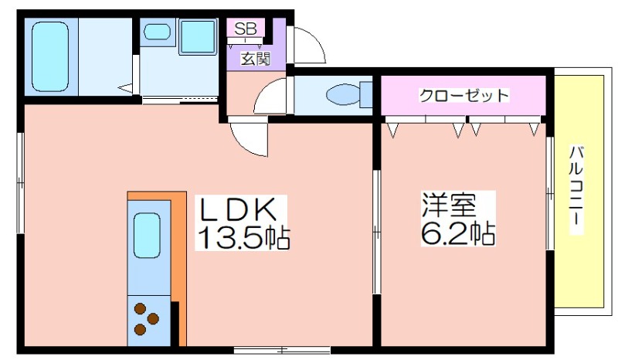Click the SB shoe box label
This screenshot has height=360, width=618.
(246, 29)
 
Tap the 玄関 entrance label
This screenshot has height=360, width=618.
(256, 59)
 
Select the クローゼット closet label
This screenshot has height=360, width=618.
(464, 95)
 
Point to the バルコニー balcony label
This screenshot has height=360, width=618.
(576, 191)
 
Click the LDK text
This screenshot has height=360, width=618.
(239, 209)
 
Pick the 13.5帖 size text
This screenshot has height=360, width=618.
(243, 238)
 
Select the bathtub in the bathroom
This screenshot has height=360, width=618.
(50, 56)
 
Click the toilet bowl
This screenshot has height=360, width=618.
(343, 94)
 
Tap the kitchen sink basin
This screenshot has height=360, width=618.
(147, 235)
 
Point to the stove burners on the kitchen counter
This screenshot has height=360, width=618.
(146, 318)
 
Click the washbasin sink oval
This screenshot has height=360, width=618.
(157, 32)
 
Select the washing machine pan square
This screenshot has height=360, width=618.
(199, 36)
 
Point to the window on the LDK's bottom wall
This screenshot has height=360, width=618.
(282, 349)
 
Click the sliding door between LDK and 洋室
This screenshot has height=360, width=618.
(376, 232)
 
